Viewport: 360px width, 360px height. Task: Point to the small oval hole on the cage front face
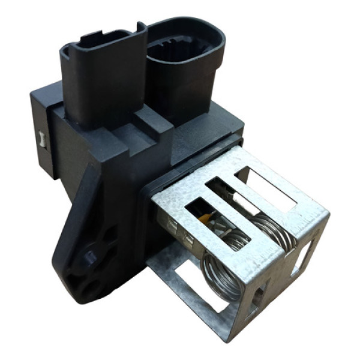[x=259, y=294]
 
